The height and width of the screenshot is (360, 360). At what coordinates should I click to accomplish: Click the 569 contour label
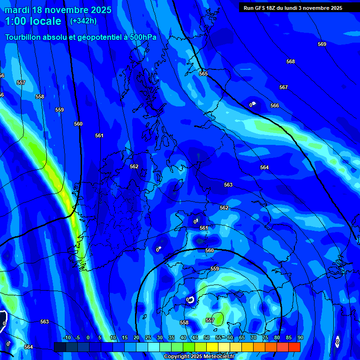(322, 44)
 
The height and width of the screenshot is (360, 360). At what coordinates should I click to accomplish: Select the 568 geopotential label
(291, 61)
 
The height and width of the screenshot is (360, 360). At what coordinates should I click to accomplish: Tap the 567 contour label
(283, 87)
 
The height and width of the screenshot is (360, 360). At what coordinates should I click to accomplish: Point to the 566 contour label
(274, 105)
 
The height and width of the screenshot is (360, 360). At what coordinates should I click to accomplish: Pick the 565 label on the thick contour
(203, 74)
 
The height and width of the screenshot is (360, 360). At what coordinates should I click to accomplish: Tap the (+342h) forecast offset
(84, 21)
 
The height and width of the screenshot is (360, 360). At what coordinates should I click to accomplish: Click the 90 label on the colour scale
(300, 337)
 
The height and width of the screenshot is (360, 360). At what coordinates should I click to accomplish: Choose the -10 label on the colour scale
(67, 337)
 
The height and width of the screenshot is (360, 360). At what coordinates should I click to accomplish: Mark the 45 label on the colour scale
(195, 337)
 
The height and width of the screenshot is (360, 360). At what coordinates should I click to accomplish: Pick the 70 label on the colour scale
(253, 337)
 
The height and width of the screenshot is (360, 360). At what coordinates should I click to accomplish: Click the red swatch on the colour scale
(294, 347)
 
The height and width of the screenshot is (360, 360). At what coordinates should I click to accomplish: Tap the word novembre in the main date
(70, 10)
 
